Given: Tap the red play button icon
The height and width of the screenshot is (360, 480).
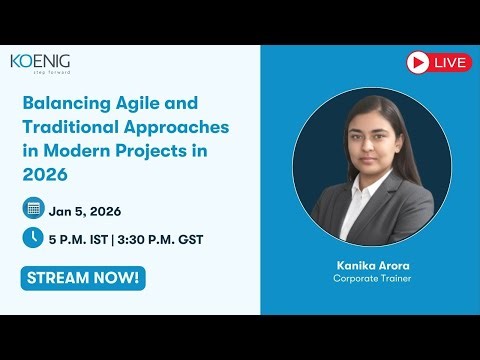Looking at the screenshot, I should (x=418, y=62).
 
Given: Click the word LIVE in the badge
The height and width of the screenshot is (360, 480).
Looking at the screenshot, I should (x=452, y=63).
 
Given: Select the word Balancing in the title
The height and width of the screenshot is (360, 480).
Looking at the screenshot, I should (x=64, y=104).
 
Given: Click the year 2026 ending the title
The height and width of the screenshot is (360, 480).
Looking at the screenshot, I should (x=46, y=176).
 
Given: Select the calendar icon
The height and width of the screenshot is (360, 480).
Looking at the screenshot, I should (x=33, y=209).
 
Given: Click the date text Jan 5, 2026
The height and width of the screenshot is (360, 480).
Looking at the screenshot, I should (x=90, y=209).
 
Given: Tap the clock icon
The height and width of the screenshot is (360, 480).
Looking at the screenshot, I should (x=33, y=238).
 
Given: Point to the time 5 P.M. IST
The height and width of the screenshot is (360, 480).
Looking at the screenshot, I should (x=88, y=239).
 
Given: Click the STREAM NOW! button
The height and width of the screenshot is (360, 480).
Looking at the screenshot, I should (x=82, y=277).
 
